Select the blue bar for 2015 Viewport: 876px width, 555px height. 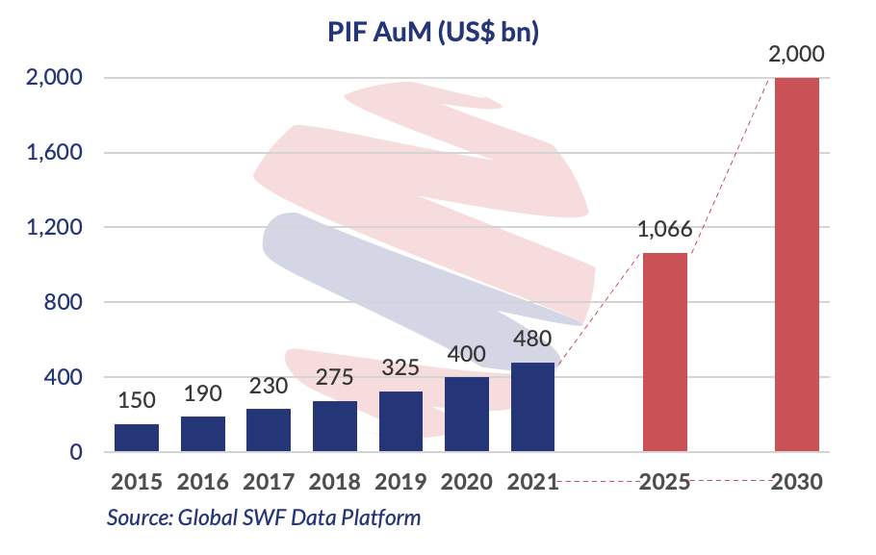[x=137, y=438]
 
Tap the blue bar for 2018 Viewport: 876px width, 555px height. [x=336, y=426]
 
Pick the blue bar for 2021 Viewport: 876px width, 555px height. [x=533, y=408]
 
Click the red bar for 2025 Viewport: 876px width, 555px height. [x=665, y=352]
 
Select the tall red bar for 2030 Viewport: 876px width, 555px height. [x=796, y=265]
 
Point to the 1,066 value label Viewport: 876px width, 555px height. [x=665, y=230]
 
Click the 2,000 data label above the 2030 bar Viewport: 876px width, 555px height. [x=798, y=55]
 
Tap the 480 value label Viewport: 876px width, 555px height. [x=533, y=341]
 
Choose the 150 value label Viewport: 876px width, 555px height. [x=137, y=401]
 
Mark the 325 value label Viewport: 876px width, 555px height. [x=401, y=368]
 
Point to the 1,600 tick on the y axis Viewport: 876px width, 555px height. [x=54, y=152]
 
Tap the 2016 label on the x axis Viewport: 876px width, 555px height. [x=203, y=482]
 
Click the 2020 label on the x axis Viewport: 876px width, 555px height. [x=468, y=482]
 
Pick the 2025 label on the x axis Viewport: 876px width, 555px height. [x=665, y=482]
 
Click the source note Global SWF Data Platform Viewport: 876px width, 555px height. [x=264, y=517]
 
